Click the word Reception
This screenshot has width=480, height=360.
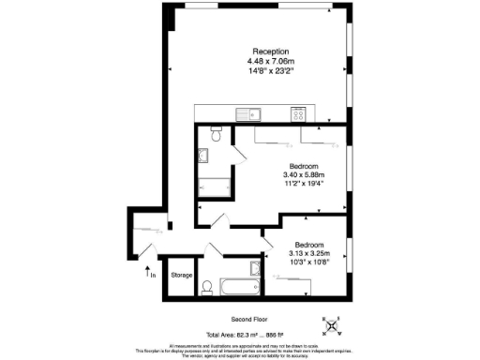click(270, 51)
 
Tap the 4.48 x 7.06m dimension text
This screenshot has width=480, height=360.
click(270, 60)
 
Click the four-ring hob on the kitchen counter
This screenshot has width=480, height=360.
click(300, 115)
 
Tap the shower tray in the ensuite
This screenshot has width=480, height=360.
click(215, 186)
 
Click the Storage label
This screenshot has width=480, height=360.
click(181, 276)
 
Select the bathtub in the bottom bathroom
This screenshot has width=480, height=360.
click(240, 286)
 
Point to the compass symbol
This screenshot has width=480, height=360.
click(331, 326)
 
